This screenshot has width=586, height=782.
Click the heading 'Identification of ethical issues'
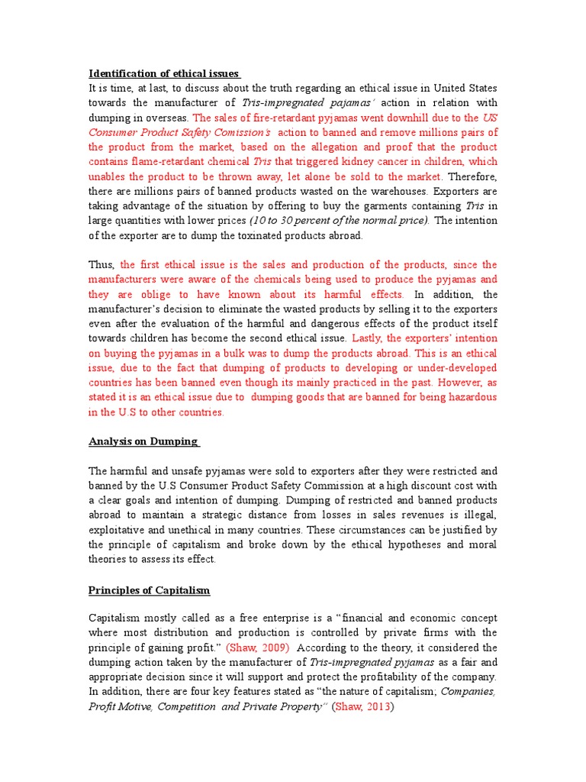164,73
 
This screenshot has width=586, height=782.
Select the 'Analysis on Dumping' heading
143,441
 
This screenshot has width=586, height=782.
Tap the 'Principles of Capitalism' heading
149,590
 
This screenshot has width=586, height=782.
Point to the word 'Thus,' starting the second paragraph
101,265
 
